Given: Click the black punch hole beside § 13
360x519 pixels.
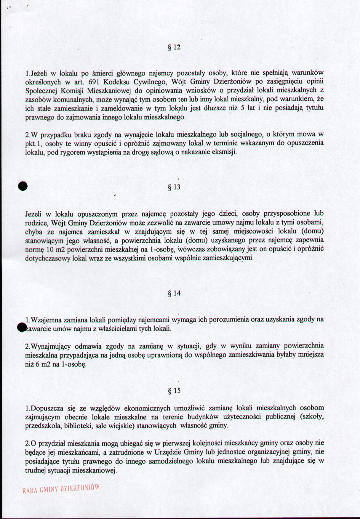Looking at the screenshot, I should coord(23,186).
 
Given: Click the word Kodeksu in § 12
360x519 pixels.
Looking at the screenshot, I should coord(116,81).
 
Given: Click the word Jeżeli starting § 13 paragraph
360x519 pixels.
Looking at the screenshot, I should coord(34,214).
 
